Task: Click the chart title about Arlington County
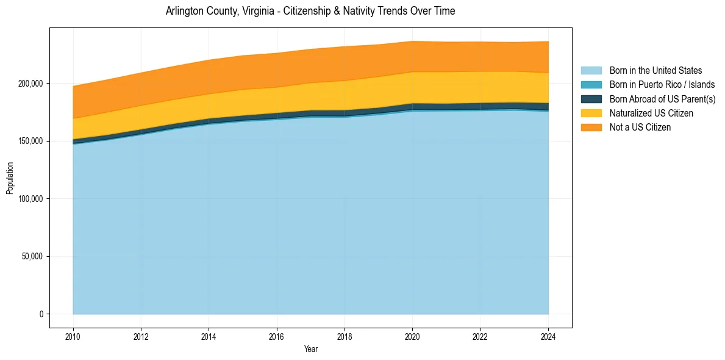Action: coord(310,11)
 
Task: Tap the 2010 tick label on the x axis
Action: coord(73,336)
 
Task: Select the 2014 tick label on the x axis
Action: coord(209,336)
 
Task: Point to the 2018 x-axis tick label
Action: coord(345,336)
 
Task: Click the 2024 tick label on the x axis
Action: coord(548,336)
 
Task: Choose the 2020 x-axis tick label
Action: coord(413,336)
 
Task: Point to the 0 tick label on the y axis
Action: coord(41,314)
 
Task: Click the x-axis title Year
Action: coord(310,350)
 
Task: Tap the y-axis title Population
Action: coord(10,178)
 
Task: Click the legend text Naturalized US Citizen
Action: coord(651,113)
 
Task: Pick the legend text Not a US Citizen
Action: coord(640,128)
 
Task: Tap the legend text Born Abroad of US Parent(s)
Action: coord(662,99)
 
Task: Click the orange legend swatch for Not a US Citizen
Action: coord(591,128)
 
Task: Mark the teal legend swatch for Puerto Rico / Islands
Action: coord(591,85)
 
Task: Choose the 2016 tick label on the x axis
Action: coord(277,336)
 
